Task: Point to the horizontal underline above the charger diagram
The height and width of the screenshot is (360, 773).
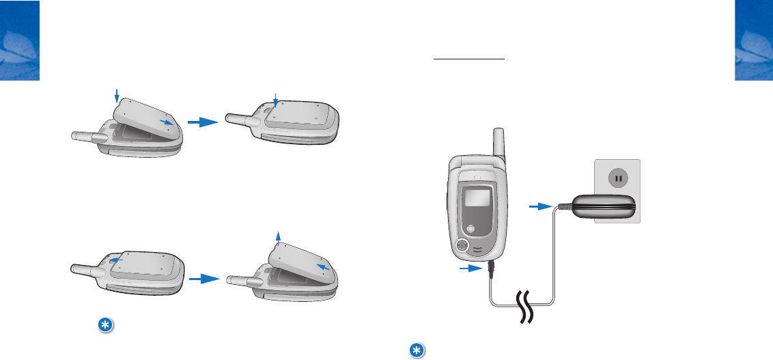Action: pyautogui.click(x=469, y=59)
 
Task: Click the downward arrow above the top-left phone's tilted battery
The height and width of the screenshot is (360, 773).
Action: pyautogui.click(x=117, y=96)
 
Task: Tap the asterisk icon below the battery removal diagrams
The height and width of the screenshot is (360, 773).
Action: pyautogui.click(x=104, y=327)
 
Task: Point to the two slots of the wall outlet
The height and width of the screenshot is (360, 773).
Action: pyautogui.click(x=617, y=179)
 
